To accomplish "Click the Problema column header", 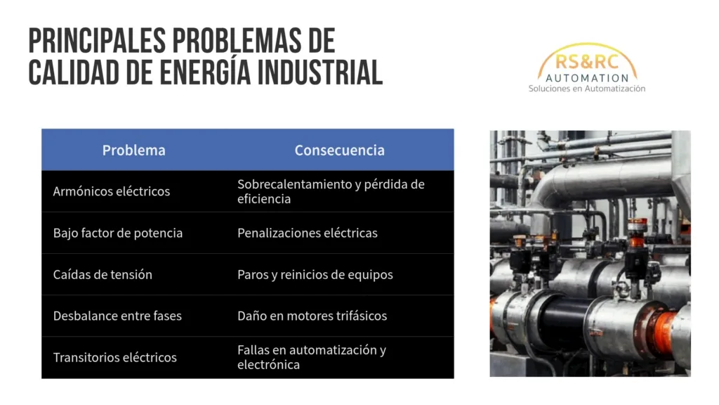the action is pos(133,150).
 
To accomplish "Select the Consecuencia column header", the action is pos(339,150).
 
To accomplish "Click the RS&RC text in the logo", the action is pos(587,62).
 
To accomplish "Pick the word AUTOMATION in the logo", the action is pos(587,78).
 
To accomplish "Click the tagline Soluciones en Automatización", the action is pos(587,88).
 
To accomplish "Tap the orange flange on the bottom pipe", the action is pos(664,332).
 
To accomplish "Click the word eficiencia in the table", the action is pos(264,199).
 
